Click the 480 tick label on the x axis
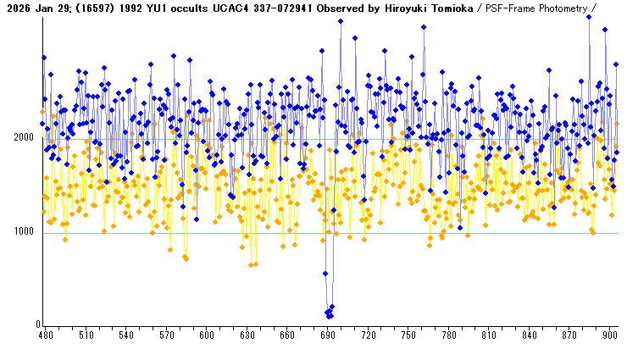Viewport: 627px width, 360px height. (x=46, y=335)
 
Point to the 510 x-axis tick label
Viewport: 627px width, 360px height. (x=86, y=335)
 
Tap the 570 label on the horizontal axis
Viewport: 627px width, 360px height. (x=166, y=335)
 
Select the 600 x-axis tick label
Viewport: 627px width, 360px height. (x=206, y=335)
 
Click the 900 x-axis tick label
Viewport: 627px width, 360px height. (x=608, y=335)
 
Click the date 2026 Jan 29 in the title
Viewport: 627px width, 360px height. (x=35, y=8)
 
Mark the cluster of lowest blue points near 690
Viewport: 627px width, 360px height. (x=329, y=313)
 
